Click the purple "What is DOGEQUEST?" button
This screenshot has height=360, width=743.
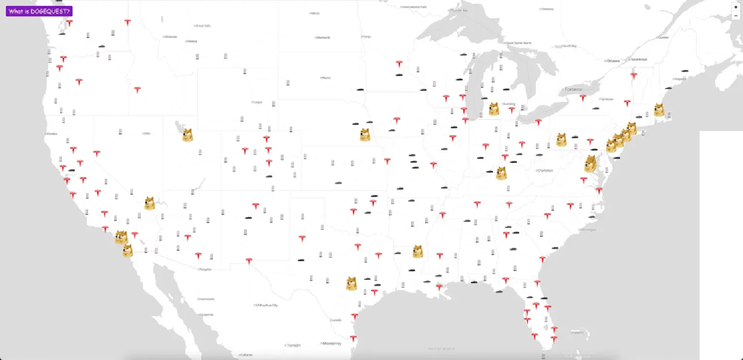point(39,11)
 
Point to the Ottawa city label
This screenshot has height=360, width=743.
point(613,61)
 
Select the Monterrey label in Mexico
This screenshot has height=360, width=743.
point(332,343)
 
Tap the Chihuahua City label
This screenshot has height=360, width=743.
point(267,305)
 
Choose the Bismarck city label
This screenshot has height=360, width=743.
point(323,37)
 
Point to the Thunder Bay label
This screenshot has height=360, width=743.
point(459,10)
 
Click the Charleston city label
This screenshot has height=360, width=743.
point(545,171)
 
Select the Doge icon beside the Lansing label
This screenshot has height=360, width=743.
point(494,109)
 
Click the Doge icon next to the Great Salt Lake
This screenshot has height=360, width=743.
point(187,135)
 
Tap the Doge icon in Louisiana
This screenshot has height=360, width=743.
point(418,251)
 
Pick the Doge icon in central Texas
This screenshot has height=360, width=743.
point(351,283)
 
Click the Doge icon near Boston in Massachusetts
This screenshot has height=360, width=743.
point(660,110)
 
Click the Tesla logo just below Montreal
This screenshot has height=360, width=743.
point(634,76)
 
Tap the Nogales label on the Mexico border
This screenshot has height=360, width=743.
point(205,269)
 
